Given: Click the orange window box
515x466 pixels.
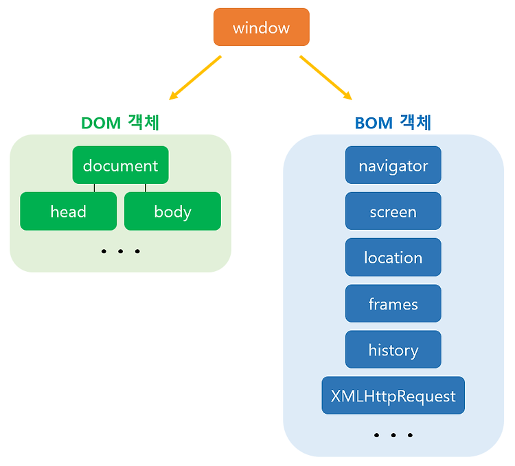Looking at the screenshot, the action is (262, 27).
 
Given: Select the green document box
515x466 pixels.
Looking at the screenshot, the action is (121, 165).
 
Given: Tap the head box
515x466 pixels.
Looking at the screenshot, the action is (68, 211).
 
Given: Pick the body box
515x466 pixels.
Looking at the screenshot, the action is (172, 211).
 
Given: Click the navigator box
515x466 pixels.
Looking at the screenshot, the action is (393, 165).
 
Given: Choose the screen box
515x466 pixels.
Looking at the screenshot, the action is (393, 211).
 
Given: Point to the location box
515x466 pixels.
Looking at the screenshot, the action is (393, 257).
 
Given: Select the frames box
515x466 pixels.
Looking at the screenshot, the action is (393, 303).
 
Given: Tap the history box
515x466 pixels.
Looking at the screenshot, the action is (393, 349).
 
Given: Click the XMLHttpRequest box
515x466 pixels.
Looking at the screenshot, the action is (393, 395).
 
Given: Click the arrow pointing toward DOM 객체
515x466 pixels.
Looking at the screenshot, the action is (195, 78).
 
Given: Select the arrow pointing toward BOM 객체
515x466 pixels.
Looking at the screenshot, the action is (325, 78).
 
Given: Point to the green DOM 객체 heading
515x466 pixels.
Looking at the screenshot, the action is (120, 123).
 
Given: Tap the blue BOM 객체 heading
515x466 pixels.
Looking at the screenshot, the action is (393, 123).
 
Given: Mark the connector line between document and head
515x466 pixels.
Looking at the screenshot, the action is (94, 188).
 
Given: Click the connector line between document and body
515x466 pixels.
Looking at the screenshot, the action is (146, 188).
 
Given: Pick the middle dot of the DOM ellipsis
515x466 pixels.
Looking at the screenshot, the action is (121, 251).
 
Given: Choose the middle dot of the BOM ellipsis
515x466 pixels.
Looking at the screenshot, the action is (393, 435).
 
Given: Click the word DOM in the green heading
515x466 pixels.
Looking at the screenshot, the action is (101, 124).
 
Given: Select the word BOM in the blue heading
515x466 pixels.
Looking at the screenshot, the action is (374, 124).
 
